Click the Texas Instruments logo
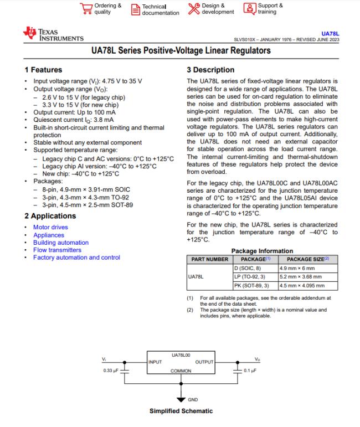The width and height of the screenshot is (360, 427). point(53,34)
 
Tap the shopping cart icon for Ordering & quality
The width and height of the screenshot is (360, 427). point(86,9)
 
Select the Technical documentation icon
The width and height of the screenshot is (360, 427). point(135,9)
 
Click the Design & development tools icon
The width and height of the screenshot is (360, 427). point(193,9)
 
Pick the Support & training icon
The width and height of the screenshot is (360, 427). point(250,9)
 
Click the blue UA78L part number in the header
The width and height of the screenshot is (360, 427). point(330,33)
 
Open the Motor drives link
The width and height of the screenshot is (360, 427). point(50,227)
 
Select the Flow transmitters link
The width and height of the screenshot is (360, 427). point(57,250)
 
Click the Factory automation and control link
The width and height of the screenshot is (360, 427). point(76,258)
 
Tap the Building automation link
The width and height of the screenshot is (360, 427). point(60,243)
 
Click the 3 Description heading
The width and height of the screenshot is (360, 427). point(210,70)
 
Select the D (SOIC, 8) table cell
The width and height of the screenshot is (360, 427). point(252,268)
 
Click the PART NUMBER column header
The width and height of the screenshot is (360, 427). point(209,259)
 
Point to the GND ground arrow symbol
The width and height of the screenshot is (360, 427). point(180,399)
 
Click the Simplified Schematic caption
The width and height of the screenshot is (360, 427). point(181,411)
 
